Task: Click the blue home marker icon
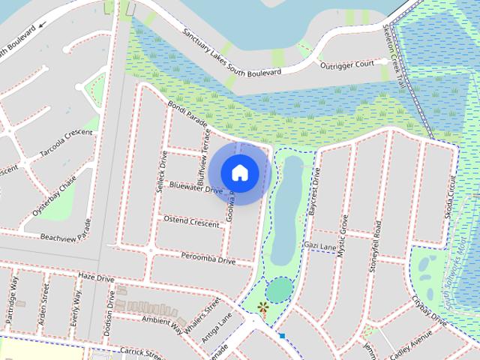pyautogui.click(x=240, y=172)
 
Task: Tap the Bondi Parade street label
pyautogui.click(x=187, y=115)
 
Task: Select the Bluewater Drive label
pyautogui.click(x=196, y=187)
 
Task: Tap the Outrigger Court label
pyautogui.click(x=348, y=64)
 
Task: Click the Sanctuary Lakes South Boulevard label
pyautogui.click(x=232, y=53)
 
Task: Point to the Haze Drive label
pyautogui.click(x=96, y=278)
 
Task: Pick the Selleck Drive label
pyautogui.click(x=161, y=172)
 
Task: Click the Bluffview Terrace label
pyautogui.click(x=203, y=150)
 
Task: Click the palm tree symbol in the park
pyautogui.click(x=262, y=307)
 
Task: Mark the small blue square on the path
pyautogui.click(x=282, y=336)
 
